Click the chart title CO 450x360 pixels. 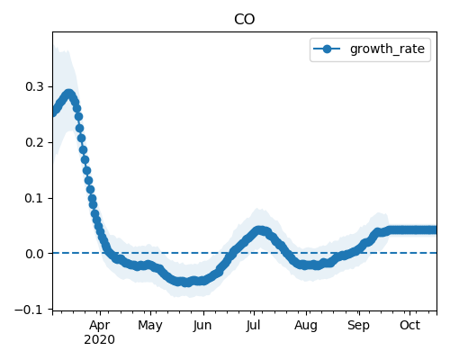pos(244,20)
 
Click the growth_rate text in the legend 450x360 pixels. pos(387,49)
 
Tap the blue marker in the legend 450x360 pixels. pos(327,49)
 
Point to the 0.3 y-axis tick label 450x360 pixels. pos(34,86)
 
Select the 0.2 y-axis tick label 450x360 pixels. pos(34,142)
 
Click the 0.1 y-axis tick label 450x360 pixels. pos(34,198)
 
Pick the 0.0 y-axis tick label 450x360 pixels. pos(34,254)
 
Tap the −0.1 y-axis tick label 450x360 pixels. pos(29,310)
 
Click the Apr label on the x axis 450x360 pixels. pos(100,326)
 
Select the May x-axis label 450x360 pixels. pos(150,326)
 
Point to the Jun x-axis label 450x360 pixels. pos(202,326)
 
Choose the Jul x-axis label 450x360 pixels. pos(253,326)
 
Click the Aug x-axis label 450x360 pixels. pos(306,326)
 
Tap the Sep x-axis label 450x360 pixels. pos(358,326)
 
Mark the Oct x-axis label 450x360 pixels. pos(409,326)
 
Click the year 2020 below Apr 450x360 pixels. pos(99,340)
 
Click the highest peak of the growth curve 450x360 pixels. pos(69,94)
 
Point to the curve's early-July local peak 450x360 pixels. pos(260,230)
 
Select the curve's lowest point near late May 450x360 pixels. pos(186,283)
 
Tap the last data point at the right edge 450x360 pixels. pos(434,229)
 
